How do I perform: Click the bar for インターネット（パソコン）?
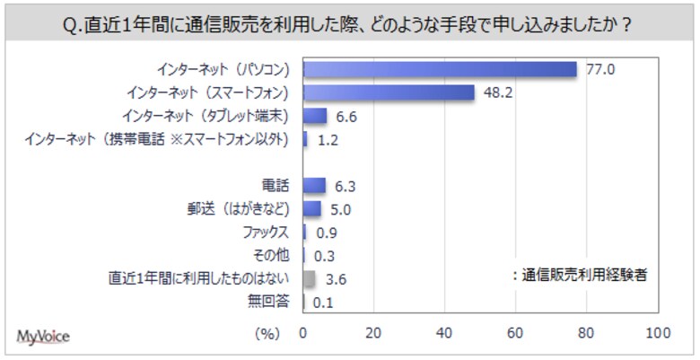pos(440,69)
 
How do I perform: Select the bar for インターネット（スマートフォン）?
pos(389,92)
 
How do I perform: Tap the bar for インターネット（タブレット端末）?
pos(315,116)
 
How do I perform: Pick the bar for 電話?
pos(314,186)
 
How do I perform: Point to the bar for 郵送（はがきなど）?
pos(312,209)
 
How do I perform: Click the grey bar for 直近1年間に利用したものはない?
pos(310,279)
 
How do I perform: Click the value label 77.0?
pos(600,69)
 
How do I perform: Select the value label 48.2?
pos(498,92)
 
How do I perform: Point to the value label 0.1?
pos(324,303)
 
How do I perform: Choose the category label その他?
pos(274,256)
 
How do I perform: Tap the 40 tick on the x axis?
pos(444,333)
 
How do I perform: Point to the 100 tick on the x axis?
pos(658,333)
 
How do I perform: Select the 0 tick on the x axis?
pos(303,333)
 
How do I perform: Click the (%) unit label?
pos(267,333)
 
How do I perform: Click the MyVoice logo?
pos(43,336)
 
